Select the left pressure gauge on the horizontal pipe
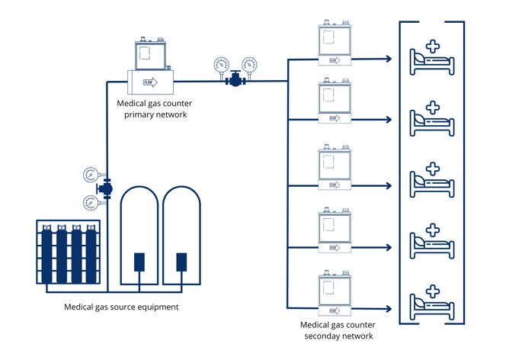tap(221, 65)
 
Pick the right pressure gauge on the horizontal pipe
tap(249, 65)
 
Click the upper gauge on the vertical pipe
tap(91, 175)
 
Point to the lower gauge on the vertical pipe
tap(91, 202)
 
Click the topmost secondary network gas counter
tap(335, 45)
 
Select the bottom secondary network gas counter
tap(335, 294)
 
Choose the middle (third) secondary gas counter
tap(335, 169)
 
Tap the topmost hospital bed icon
tap(432, 59)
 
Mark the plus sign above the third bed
tap(433, 169)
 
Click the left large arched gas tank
tap(139, 236)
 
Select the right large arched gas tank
tap(181, 236)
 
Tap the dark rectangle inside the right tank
tap(181, 262)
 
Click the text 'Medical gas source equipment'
tap(122, 307)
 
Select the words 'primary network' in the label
tap(155, 114)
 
